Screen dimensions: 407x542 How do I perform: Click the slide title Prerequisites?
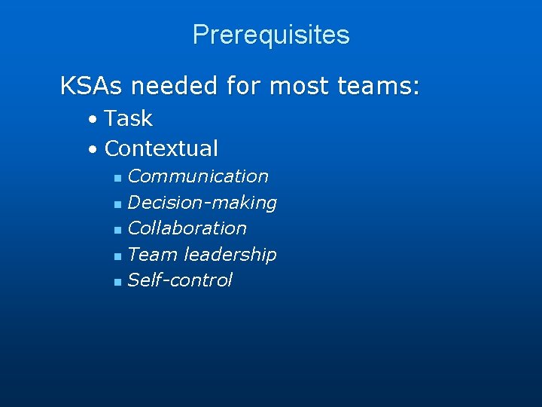pos(271,35)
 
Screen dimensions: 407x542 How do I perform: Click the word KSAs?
pos(92,86)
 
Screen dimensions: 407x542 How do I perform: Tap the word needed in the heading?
pos(176,86)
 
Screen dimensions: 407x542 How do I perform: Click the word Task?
pos(129,118)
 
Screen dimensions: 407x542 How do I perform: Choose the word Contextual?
pos(161,148)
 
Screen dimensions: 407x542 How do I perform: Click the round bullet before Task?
pos(91,120)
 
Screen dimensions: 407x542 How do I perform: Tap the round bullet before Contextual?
pos(91,150)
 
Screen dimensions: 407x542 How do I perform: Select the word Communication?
pos(198,176)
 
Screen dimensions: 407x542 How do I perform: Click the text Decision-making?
pos(202,203)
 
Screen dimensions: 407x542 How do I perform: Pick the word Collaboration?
pos(187,228)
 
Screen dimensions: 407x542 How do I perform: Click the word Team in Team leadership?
pos(153,255)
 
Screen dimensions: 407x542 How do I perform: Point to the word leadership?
pos(230,255)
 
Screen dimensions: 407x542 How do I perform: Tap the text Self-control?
pos(180,280)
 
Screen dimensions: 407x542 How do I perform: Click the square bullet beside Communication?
pos(117,179)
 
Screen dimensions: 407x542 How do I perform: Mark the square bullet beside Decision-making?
pos(117,204)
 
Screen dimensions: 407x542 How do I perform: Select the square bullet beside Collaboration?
pos(117,230)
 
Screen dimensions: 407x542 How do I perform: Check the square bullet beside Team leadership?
pos(117,256)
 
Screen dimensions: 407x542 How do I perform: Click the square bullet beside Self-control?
pos(117,282)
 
